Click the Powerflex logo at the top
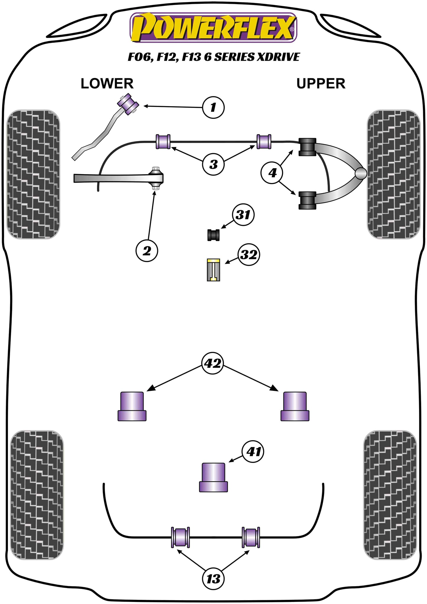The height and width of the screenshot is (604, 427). point(213,27)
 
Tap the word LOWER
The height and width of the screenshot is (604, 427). point(107,84)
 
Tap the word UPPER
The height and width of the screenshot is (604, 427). point(321,84)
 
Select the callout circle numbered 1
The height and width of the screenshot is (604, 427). point(213,107)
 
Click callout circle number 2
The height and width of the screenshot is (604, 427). point(147,251)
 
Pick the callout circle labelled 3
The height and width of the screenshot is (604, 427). point(213,164)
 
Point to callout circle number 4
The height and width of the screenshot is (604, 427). point(272,172)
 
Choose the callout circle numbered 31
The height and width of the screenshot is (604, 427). point(243,215)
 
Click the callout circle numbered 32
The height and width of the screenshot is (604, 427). point(249,254)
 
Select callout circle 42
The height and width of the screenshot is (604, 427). point(213,363)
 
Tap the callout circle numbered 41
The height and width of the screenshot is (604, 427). point(253,451)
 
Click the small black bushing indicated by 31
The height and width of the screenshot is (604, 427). point(213,235)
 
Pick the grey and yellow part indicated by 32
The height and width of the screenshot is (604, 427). point(213,270)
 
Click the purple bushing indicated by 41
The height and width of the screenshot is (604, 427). point(213,477)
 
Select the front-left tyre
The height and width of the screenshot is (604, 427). point(33,174)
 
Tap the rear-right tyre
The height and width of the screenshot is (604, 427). point(390,495)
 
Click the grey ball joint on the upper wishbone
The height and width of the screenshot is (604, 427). point(361,174)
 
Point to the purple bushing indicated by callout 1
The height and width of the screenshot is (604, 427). point(129,104)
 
